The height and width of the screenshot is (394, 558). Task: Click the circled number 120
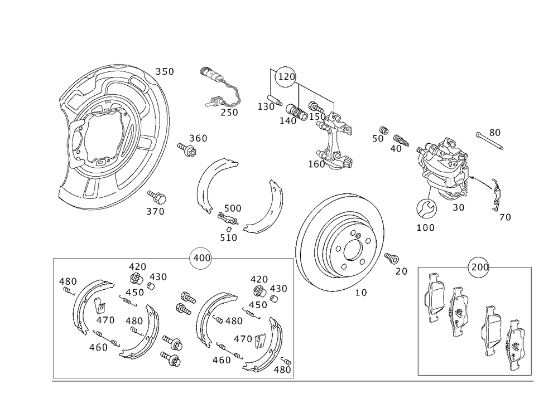[286, 77]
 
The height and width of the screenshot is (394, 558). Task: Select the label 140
[288, 121]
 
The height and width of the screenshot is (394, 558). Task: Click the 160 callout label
[316, 164]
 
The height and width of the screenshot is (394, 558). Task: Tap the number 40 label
[396, 148]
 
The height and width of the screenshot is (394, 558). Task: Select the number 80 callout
[494, 132]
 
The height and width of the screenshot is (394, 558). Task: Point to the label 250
[229, 113]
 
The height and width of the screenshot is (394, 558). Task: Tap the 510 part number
[229, 237]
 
